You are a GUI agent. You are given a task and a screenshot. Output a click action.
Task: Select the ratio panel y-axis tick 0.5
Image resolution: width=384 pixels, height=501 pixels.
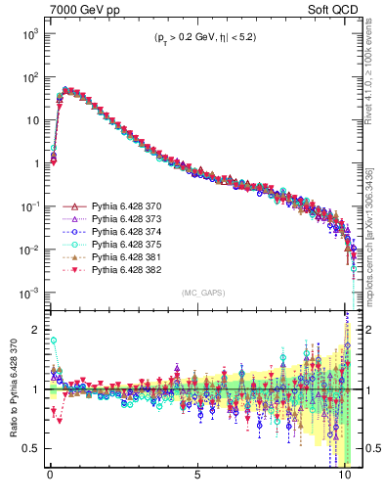click(x=33, y=448)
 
